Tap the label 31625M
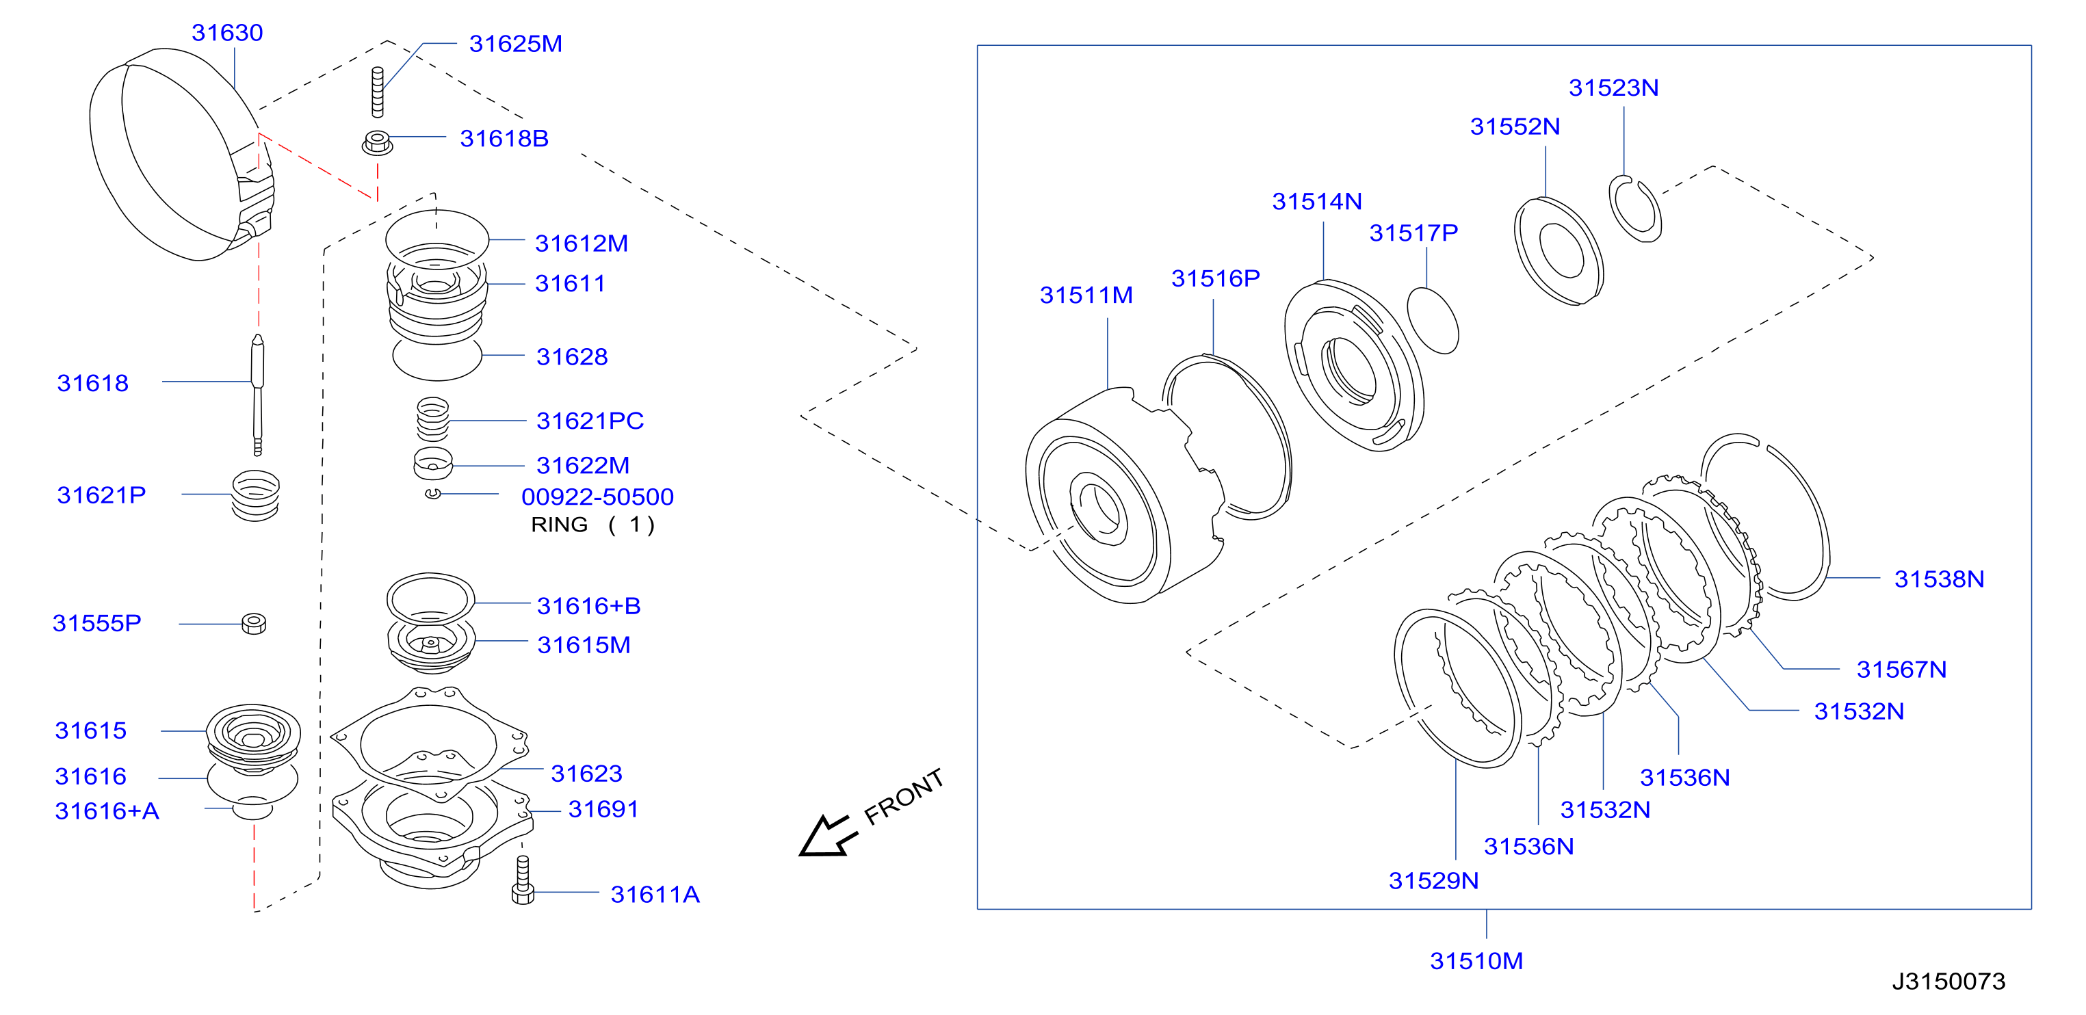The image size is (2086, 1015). point(515,44)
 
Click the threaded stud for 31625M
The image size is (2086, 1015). point(378,92)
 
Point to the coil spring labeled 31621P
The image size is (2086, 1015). point(256,495)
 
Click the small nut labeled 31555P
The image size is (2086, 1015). point(255,623)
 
